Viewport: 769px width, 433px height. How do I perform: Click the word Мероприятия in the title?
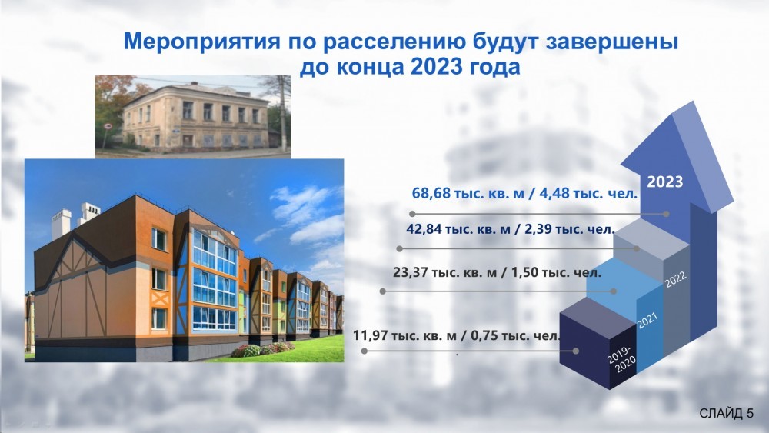click(201, 42)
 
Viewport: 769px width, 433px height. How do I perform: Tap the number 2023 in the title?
click(437, 67)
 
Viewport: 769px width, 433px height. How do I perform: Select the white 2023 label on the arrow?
click(665, 182)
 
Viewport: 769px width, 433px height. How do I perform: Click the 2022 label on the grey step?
click(676, 279)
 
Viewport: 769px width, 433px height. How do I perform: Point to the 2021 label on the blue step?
click(647, 321)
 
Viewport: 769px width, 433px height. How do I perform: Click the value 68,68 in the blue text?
click(431, 193)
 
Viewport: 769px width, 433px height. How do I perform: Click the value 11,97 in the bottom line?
click(371, 336)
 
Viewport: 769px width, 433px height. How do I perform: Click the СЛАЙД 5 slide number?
click(726, 413)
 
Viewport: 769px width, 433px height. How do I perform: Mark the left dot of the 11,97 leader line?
click(364, 351)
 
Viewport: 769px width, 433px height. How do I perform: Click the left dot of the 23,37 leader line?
click(382, 291)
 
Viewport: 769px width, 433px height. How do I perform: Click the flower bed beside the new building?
click(262, 349)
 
